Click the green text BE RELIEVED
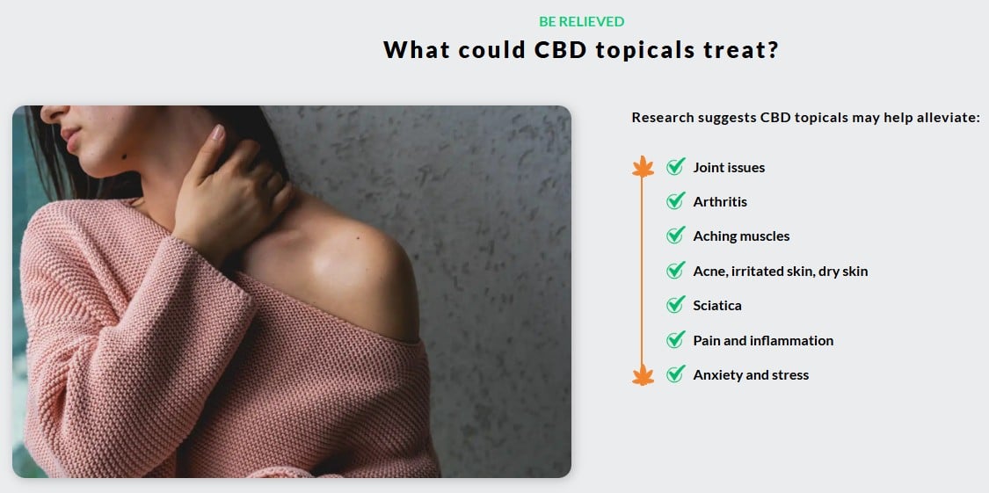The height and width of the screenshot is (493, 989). [582, 22]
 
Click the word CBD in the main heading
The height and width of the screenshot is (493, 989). [560, 50]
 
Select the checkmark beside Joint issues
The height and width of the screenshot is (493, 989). [675, 166]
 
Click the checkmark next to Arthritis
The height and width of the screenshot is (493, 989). [675, 201]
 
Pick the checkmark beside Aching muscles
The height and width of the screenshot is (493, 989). [675, 236]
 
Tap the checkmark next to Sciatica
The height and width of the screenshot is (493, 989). [675, 305]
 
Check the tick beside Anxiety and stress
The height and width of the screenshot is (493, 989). [675, 374]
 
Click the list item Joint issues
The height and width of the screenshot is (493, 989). [729, 168]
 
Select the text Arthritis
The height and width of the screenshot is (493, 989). [720, 202]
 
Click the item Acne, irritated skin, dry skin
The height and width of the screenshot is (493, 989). [781, 272]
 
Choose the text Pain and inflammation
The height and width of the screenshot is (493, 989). [763, 341]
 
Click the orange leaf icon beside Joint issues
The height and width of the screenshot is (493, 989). [643, 166]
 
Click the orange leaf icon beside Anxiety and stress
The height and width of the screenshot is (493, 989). [643, 374]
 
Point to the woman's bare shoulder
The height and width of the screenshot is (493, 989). [340, 265]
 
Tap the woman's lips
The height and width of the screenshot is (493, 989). [70, 138]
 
